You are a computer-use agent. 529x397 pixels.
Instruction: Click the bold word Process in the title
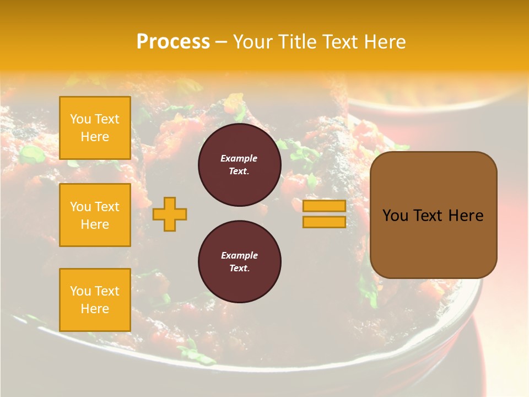point(173,42)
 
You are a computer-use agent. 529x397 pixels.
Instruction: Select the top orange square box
point(95,128)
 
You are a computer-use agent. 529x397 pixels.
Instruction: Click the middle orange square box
point(95,215)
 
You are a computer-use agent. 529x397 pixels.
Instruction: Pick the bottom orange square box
point(95,300)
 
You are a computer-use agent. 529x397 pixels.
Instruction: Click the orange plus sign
point(170,214)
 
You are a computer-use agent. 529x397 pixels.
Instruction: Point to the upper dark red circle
point(239,165)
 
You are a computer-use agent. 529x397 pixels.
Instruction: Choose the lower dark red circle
point(239,262)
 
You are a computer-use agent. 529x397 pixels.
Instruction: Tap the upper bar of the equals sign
point(324,206)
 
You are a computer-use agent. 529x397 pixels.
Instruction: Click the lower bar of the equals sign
point(324,222)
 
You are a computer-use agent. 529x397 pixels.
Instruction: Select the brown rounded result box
point(433,215)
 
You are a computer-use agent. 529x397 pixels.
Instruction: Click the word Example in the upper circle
point(239,158)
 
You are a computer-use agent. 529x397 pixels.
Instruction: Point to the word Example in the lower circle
point(239,255)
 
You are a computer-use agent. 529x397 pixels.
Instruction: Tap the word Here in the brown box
point(466,216)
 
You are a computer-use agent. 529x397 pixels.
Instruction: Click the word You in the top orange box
point(80,119)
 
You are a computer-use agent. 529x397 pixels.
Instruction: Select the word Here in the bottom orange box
point(95,309)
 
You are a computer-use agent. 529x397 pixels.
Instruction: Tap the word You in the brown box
point(396,216)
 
